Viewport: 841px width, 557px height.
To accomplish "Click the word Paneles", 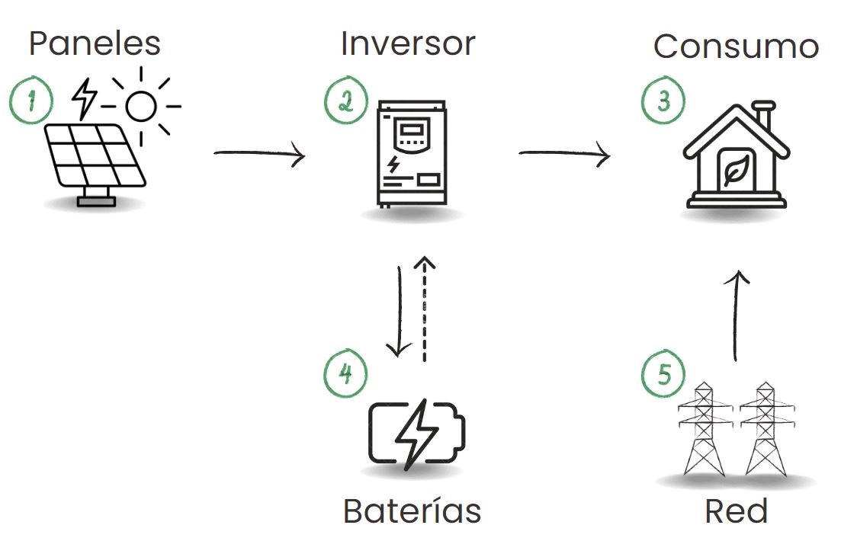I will (x=95, y=43).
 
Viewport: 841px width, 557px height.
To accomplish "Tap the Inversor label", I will (x=408, y=43).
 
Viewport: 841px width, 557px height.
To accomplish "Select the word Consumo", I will (x=736, y=46).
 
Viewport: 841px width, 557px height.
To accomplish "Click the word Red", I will (x=736, y=511).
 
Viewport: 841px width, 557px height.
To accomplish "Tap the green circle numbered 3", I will (x=662, y=101).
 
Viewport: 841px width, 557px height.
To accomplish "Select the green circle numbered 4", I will (x=345, y=375).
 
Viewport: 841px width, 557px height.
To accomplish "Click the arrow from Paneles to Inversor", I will (x=259, y=155).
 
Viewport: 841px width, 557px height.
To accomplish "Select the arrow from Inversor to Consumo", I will (x=564, y=155).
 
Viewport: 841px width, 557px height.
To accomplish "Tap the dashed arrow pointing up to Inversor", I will (x=425, y=309).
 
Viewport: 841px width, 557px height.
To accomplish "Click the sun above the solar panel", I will (x=141, y=106).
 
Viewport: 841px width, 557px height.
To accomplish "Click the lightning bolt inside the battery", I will (x=417, y=434).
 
